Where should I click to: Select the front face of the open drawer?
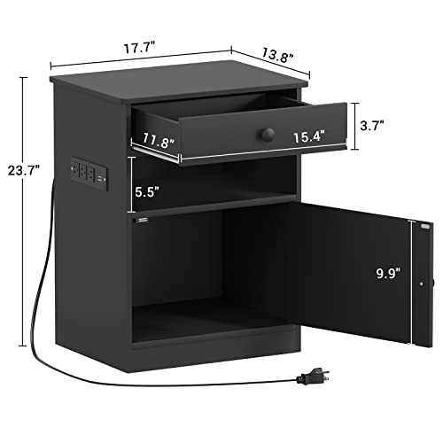pyautogui.click(x=266, y=133)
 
